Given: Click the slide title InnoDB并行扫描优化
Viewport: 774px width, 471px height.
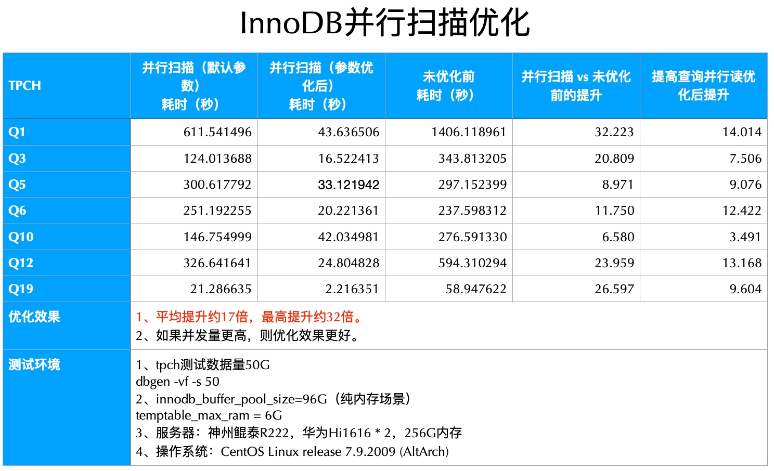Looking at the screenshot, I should (385, 23).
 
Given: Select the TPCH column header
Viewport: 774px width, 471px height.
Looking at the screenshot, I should (24, 86).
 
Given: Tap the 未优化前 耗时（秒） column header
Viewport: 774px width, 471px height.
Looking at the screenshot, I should (448, 86).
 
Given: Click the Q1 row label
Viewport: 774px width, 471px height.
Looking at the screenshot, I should (17, 132).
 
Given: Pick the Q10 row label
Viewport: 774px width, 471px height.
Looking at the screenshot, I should (21, 237).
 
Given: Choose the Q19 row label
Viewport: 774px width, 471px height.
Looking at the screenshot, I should (21, 289).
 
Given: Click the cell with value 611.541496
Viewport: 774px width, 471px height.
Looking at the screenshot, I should (217, 132).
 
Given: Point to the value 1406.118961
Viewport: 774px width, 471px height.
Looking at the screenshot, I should (469, 132).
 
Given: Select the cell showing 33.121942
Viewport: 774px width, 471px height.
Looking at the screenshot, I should (349, 185).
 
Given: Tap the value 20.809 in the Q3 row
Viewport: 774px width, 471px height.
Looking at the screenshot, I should (614, 159).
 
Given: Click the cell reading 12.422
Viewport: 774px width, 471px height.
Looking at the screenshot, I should (742, 211).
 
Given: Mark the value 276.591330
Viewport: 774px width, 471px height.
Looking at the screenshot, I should (472, 237).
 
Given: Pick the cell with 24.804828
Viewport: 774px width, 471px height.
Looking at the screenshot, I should (349, 263).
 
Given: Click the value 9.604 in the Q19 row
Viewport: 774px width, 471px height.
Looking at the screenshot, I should (745, 289).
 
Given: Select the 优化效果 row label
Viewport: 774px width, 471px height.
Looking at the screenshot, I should (34, 317).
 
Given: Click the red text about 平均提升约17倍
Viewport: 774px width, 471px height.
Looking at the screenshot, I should (250, 317).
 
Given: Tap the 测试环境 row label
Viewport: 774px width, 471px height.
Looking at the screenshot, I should (34, 364).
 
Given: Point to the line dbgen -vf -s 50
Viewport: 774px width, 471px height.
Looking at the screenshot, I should (177, 382).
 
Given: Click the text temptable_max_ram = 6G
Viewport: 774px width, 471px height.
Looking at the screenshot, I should (209, 415).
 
